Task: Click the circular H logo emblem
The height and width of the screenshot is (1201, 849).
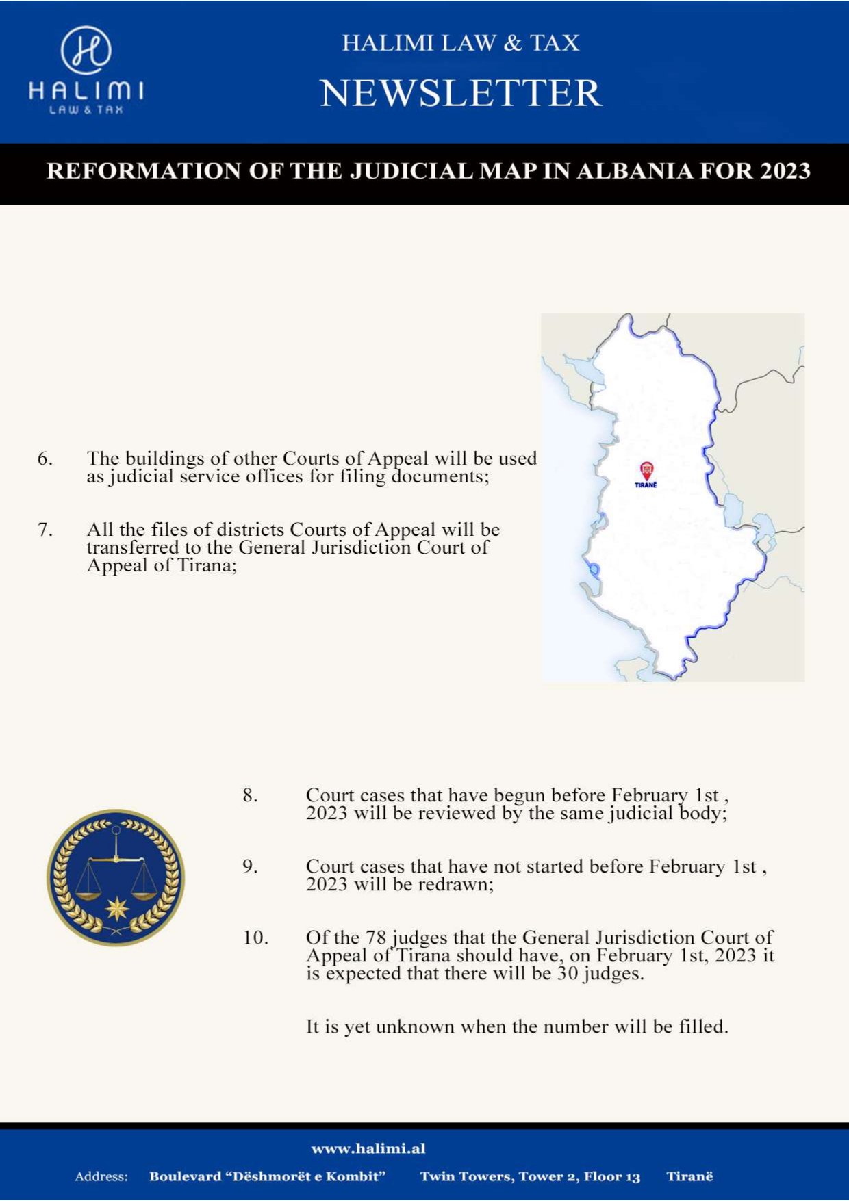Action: tap(86, 50)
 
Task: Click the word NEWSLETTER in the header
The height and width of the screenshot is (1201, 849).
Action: tap(461, 93)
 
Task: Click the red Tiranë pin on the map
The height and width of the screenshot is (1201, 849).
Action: tap(646, 470)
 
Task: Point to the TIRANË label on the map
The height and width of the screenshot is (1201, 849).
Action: tap(646, 485)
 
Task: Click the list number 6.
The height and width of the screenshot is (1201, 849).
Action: tap(45, 459)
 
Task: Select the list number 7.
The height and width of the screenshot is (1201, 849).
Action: tap(45, 530)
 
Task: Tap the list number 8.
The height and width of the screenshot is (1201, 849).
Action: tap(250, 795)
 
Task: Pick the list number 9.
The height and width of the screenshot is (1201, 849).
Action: tap(250, 866)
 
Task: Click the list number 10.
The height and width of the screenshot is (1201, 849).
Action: tap(255, 938)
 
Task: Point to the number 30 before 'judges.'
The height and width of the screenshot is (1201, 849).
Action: tap(568, 974)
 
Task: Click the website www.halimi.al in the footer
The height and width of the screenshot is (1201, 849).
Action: tap(368, 1148)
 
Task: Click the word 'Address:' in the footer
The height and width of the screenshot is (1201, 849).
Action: tap(101, 1177)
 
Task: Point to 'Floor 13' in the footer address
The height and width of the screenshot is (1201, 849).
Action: tap(612, 1177)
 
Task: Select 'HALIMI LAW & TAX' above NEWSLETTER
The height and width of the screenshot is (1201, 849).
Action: tap(461, 43)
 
